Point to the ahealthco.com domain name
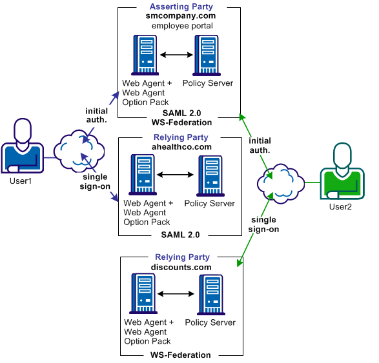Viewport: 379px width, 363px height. pyautogui.click(x=181, y=147)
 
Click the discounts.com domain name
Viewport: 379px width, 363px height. pyautogui.click(x=181, y=267)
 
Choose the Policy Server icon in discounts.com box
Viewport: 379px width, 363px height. pyautogui.click(x=210, y=294)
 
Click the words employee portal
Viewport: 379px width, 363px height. pyautogui.click(x=182, y=26)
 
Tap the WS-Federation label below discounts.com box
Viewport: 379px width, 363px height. pyautogui.click(x=181, y=355)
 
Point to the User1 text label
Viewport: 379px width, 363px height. pyautogui.click(x=21, y=181)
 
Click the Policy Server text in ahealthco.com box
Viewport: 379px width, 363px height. pyautogui.click(x=209, y=204)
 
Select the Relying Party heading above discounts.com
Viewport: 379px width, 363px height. pyautogui.click(x=181, y=257)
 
